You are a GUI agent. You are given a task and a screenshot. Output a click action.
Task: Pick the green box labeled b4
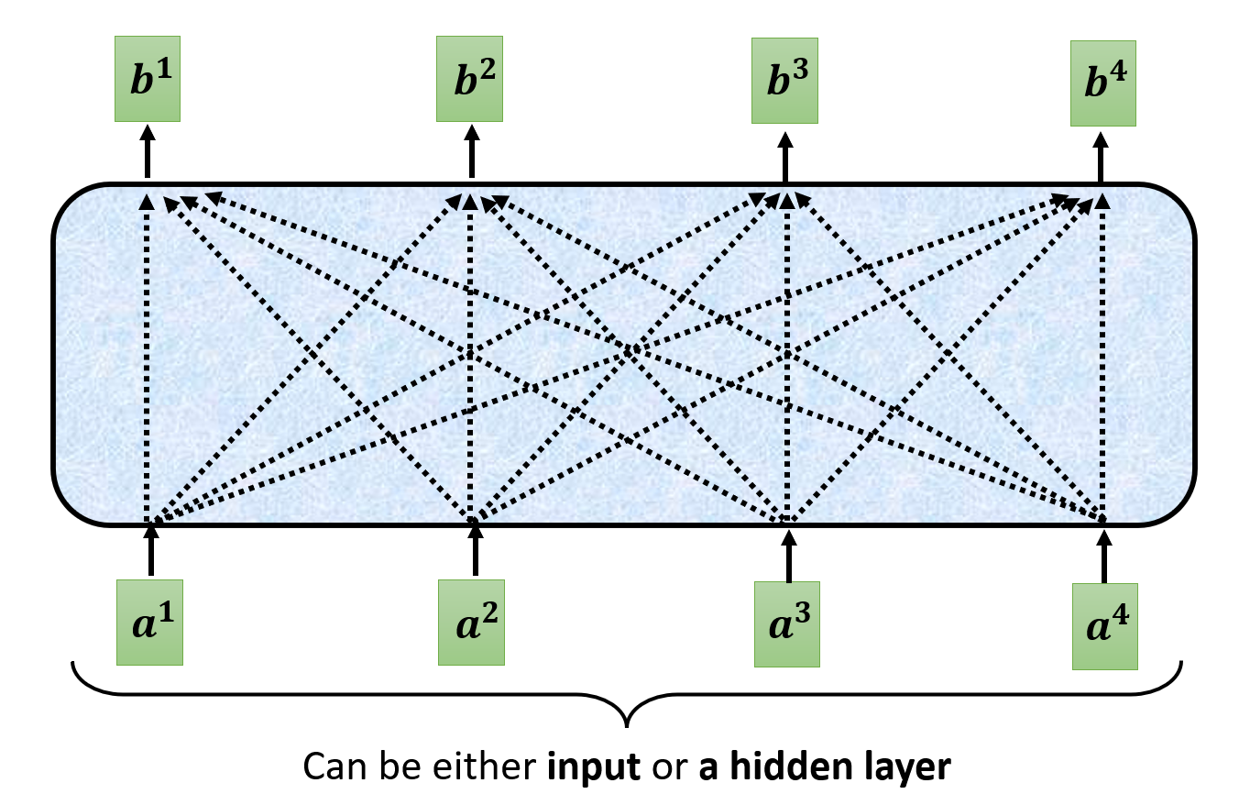1103,83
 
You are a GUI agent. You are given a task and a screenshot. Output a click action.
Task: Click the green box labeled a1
150,622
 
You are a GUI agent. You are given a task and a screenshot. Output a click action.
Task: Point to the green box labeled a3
786,624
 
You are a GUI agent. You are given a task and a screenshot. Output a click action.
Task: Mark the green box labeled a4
1104,626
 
